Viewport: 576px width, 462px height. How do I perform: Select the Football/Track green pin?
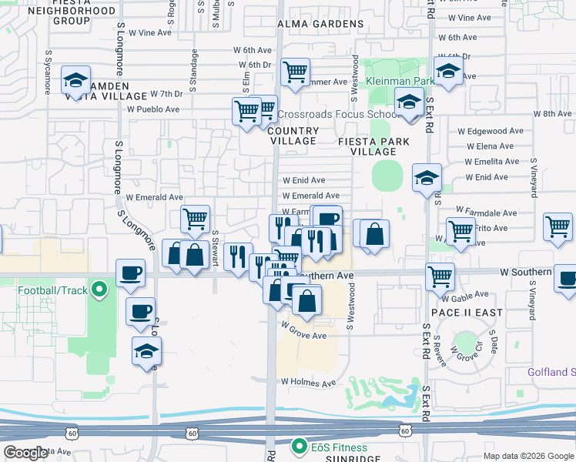click(x=99, y=290)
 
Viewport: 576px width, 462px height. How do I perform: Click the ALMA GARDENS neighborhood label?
click(x=320, y=24)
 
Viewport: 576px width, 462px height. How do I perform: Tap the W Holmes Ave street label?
click(x=308, y=382)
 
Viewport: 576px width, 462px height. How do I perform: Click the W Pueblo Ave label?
click(x=153, y=109)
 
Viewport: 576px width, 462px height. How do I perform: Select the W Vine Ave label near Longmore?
click(x=149, y=33)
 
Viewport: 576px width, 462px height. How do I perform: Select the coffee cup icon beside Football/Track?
click(x=129, y=273)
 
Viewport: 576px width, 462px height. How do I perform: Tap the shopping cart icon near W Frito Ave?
click(x=460, y=229)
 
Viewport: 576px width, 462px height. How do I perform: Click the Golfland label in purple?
click(x=551, y=372)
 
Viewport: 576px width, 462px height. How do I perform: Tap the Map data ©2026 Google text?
click(x=528, y=455)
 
